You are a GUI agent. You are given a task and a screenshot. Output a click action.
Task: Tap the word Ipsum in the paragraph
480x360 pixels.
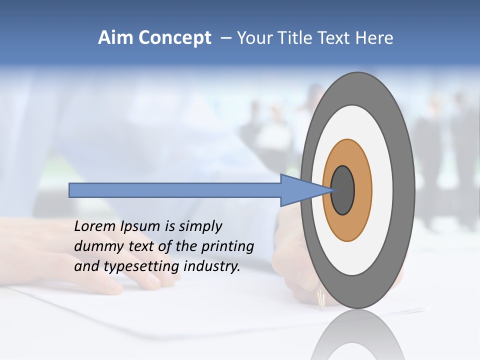tap(140, 227)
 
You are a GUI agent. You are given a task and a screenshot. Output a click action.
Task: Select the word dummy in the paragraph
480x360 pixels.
tap(95, 246)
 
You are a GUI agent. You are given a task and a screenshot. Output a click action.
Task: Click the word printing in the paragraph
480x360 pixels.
tap(227, 247)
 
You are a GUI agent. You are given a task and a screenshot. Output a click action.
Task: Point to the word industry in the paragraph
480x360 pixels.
tap(212, 266)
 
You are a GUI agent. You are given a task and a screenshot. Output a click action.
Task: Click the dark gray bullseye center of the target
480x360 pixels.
tap(343, 190)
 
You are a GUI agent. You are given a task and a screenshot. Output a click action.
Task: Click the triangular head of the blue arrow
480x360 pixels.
tap(300, 190)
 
